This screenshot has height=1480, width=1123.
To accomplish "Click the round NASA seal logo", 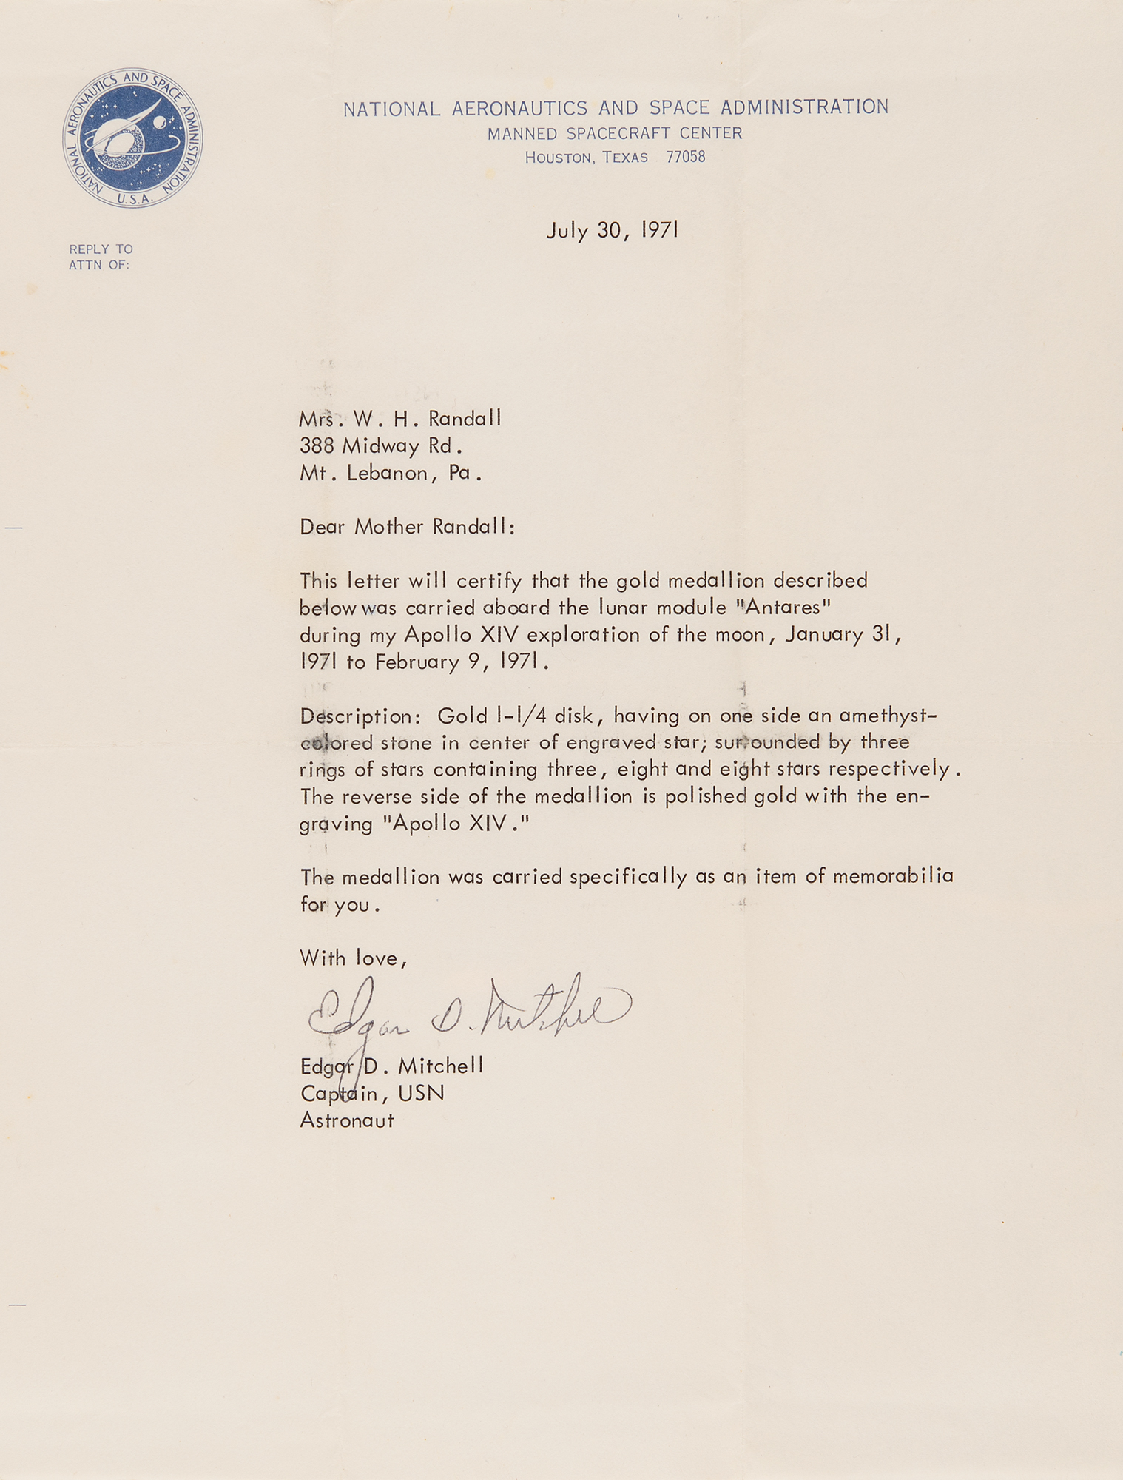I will (x=132, y=138).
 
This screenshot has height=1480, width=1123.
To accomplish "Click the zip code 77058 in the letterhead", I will (x=685, y=157).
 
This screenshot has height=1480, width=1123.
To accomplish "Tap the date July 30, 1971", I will (x=613, y=230).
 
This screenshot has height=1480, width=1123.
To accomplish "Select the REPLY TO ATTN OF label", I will (x=101, y=257).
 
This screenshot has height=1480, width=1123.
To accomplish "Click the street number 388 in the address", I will (x=317, y=445).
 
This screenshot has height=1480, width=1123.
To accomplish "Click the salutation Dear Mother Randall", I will (x=407, y=527).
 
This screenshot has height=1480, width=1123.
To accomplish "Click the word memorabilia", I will (x=893, y=876).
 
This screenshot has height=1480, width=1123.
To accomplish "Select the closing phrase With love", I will (x=353, y=958).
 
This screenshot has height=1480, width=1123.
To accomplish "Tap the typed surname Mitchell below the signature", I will (x=441, y=1066).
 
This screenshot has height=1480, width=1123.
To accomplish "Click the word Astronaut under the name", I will (x=347, y=1120).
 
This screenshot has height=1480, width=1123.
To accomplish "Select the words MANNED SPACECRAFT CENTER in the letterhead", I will (x=615, y=133).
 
